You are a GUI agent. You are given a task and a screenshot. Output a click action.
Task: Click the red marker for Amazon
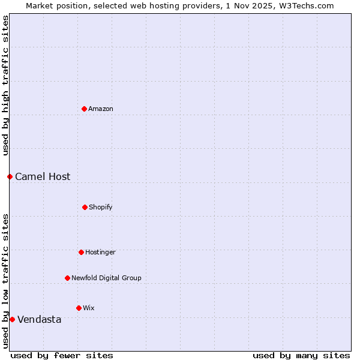pos(84,109)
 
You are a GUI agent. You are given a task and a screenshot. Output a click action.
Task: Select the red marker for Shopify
pos(85,207)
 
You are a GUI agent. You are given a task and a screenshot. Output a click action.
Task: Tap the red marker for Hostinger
pos(81,252)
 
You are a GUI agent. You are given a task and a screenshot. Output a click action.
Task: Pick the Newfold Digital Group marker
pos(67,278)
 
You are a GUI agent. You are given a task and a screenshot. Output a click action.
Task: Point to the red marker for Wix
pos(79,308)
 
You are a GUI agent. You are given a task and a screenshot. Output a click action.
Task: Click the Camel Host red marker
pos(10,176)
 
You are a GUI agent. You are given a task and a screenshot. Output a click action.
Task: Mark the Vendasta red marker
pos(12,319)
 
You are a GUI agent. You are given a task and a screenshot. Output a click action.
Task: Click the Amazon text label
pos(101,109)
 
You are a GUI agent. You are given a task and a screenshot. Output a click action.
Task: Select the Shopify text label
pos(101,207)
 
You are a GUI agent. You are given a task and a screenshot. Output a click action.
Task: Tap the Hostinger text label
pos(100,252)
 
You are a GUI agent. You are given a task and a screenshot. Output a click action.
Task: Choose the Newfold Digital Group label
pos(106,278)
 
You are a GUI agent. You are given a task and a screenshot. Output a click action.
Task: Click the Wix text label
pos(89,308)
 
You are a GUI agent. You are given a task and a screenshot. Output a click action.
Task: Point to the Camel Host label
pos(43,176)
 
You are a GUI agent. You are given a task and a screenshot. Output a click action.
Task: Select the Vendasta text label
pos(40,319)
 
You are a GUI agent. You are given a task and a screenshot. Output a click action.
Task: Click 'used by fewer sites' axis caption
pos(62,355)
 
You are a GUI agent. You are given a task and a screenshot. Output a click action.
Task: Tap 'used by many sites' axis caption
pos(301,355)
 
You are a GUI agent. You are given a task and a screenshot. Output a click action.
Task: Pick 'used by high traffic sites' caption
pos(5,86)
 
